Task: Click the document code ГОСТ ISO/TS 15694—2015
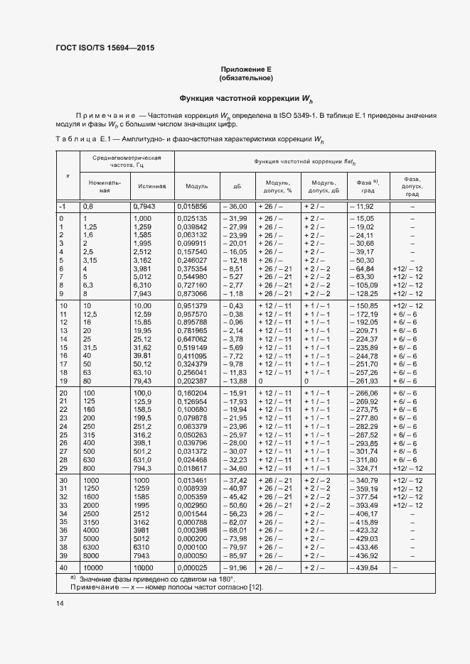(105, 48)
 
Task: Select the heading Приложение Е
(246, 69)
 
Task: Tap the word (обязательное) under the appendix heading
(246, 77)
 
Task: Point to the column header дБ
(237, 186)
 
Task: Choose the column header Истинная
(151, 186)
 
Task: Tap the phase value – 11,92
(361, 206)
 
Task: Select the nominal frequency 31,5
(90, 348)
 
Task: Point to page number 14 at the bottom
(59, 604)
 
